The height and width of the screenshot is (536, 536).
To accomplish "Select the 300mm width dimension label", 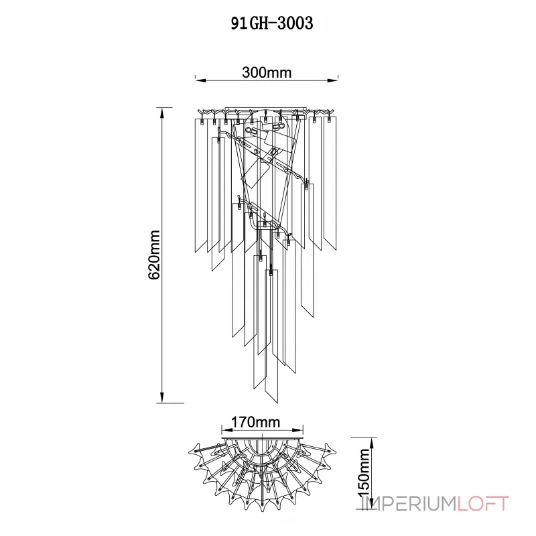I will [x=267, y=73].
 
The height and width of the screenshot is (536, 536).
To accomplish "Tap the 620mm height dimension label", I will [x=155, y=255].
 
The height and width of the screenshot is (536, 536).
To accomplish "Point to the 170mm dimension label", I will [x=255, y=423].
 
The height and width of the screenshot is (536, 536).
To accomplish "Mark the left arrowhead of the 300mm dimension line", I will [x=198, y=80].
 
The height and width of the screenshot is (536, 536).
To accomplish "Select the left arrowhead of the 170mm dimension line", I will [x=224, y=430].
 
